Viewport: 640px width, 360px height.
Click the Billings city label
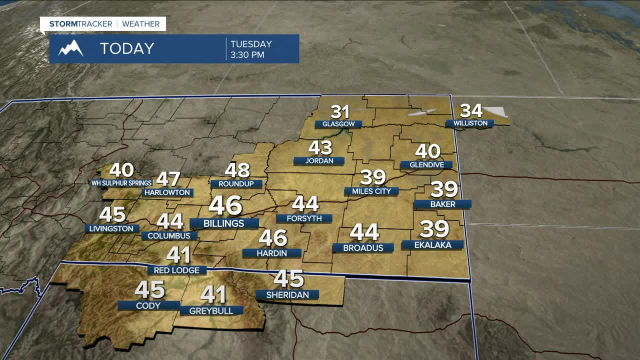click(224, 223)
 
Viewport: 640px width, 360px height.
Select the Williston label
click(470, 123)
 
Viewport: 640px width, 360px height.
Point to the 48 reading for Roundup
click(237, 170)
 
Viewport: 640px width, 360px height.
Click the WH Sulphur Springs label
click(121, 183)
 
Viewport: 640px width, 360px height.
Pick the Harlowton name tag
click(167, 192)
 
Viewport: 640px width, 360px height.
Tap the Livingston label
click(111, 228)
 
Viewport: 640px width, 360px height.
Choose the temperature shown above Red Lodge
click(178, 255)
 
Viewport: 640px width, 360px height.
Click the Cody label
click(148, 305)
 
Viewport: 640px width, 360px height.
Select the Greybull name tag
click(211, 310)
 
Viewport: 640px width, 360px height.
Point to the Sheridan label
click(287, 295)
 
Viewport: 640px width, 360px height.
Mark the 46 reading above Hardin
click(273, 238)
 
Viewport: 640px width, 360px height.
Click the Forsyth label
click(303, 218)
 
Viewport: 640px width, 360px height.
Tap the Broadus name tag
click(363, 248)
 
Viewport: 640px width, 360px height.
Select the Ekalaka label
click(433, 245)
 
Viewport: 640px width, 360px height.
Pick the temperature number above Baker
click(444, 189)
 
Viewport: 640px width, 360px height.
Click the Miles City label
click(371, 191)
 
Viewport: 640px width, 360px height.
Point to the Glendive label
click(426, 164)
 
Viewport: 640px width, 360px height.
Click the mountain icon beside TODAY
click(71, 48)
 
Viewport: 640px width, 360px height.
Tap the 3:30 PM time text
click(247, 55)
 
